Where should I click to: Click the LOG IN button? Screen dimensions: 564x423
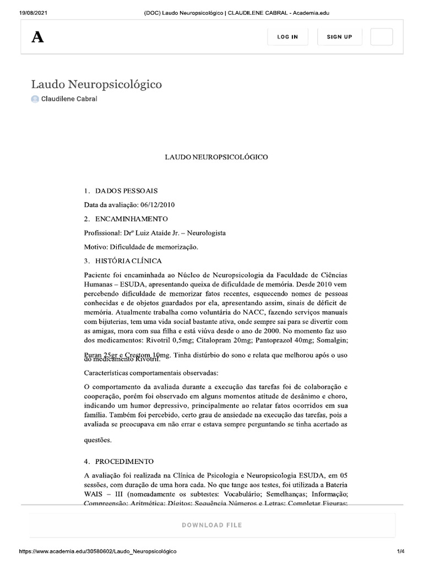[288, 37]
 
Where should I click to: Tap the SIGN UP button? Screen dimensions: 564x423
[339, 37]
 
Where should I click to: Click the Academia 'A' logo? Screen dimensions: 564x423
[37, 37]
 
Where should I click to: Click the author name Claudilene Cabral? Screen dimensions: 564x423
[69, 99]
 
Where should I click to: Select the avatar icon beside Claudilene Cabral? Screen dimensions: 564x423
[35, 99]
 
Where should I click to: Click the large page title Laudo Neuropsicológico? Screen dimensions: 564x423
[96, 84]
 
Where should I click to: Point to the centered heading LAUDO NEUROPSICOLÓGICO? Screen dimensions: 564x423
[216, 158]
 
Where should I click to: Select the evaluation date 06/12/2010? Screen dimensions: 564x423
[158, 205]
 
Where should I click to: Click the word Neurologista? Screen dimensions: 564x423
[207, 233]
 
